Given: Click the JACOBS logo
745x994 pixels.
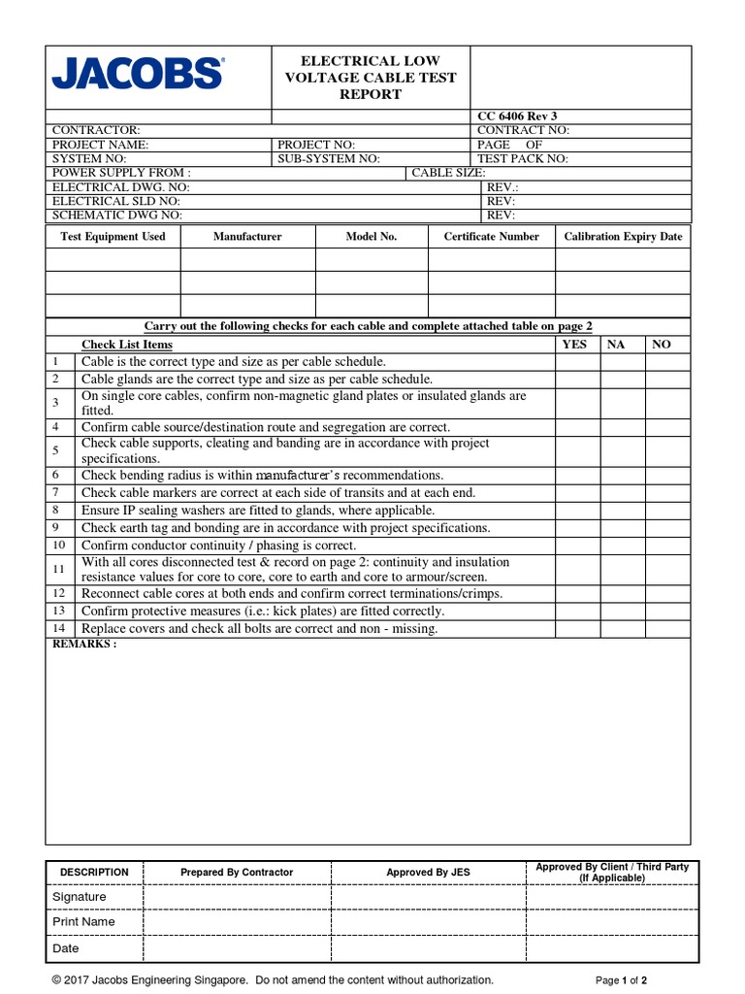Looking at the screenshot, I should coord(137,73).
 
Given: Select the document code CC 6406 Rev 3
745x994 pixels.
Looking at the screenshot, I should coord(517,116).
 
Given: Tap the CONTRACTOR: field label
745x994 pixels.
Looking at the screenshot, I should coord(96,130).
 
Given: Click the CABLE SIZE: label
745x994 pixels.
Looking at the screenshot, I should coord(449,173).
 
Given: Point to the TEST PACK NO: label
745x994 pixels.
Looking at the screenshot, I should coord(523,158).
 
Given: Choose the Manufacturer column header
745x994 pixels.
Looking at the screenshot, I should coord(247,236).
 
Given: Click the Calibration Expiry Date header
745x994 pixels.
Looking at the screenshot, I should coord(623,236).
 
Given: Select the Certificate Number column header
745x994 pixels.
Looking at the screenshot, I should coord(491,236).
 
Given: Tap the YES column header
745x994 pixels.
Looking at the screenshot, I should coord(574,345).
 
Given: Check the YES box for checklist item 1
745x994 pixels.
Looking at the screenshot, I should coord(577,362).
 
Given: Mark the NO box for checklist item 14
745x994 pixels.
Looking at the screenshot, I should coord(667,628).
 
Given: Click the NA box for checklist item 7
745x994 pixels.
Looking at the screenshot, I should coord(623,492).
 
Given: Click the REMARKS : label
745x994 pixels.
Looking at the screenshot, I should coord(84,644).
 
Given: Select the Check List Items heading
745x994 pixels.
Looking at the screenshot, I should coord(127,345).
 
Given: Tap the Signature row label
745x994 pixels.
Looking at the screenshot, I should coord(80,897).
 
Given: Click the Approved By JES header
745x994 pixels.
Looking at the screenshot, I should coord(428,872).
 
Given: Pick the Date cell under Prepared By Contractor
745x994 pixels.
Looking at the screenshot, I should coord(237,948).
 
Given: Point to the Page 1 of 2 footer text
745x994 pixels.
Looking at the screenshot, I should coord(621,980).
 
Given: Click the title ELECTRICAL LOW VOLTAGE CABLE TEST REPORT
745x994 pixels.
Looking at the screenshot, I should coord(370,78).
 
